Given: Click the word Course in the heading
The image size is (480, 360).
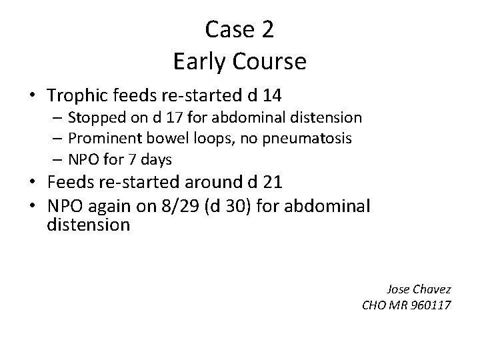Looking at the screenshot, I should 269,61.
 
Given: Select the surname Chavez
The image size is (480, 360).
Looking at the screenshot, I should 433,289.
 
